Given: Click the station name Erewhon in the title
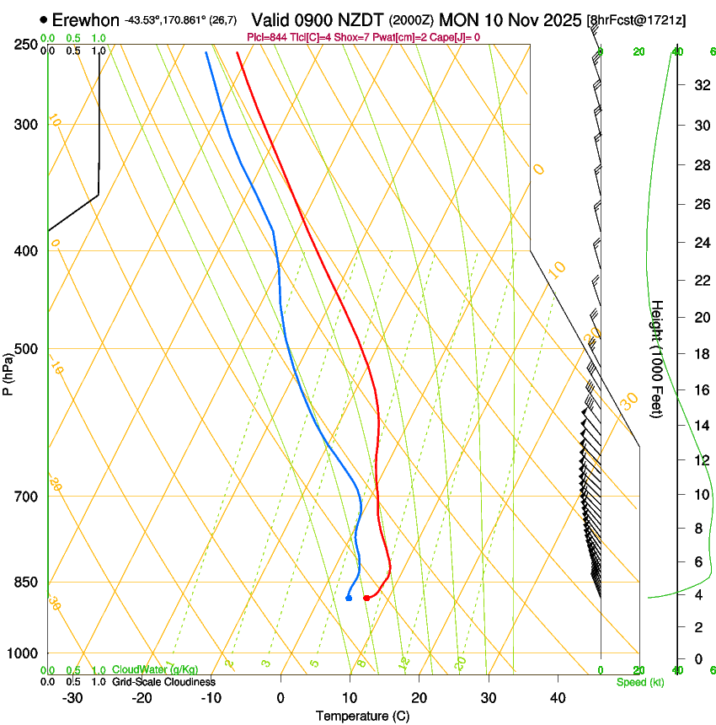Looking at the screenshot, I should coord(86,19).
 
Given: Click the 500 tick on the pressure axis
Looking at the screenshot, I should coord(26,349).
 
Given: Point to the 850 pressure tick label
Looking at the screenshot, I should coord(26,582).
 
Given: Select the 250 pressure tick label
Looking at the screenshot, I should coord(26,44).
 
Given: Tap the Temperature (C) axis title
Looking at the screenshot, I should coord(363,716).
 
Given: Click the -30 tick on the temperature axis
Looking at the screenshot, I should coord(72,698).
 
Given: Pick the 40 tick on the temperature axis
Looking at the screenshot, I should coord(557,698).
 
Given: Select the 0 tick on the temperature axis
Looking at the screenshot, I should coord(281,698).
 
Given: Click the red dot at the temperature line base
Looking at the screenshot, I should coord(366,598).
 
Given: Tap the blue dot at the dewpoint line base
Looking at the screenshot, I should coord(349,598).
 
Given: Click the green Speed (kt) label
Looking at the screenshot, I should coord(639,682).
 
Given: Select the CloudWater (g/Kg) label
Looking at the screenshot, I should coord(155,670).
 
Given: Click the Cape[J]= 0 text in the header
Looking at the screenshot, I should coord(457,37).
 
